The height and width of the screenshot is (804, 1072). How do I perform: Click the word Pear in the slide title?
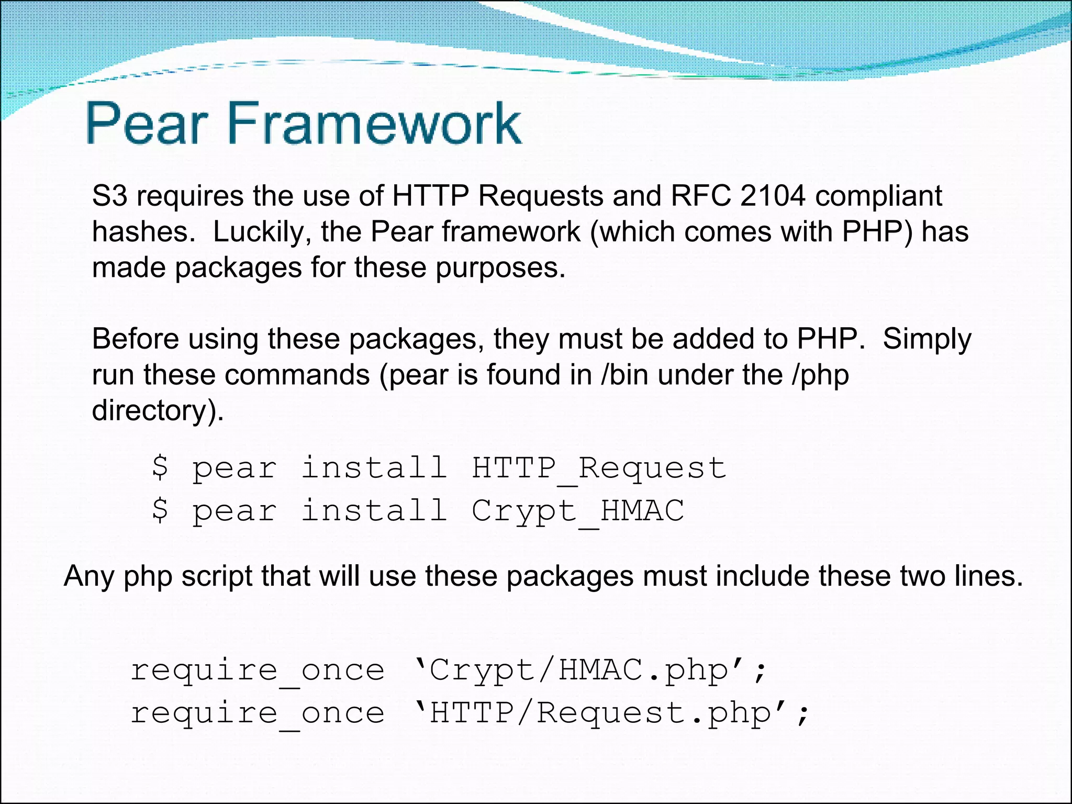[144, 124]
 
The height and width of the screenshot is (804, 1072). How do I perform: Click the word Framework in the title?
[374, 124]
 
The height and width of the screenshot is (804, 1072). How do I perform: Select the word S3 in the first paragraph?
[109, 196]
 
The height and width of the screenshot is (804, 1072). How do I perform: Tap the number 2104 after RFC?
[773, 196]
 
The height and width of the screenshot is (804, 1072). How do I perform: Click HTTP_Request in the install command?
[599, 468]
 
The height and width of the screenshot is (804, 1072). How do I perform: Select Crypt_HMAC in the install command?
[578, 511]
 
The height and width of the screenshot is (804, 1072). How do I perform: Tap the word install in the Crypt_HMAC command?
[374, 510]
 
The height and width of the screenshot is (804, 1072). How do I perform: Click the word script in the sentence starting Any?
[217, 577]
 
